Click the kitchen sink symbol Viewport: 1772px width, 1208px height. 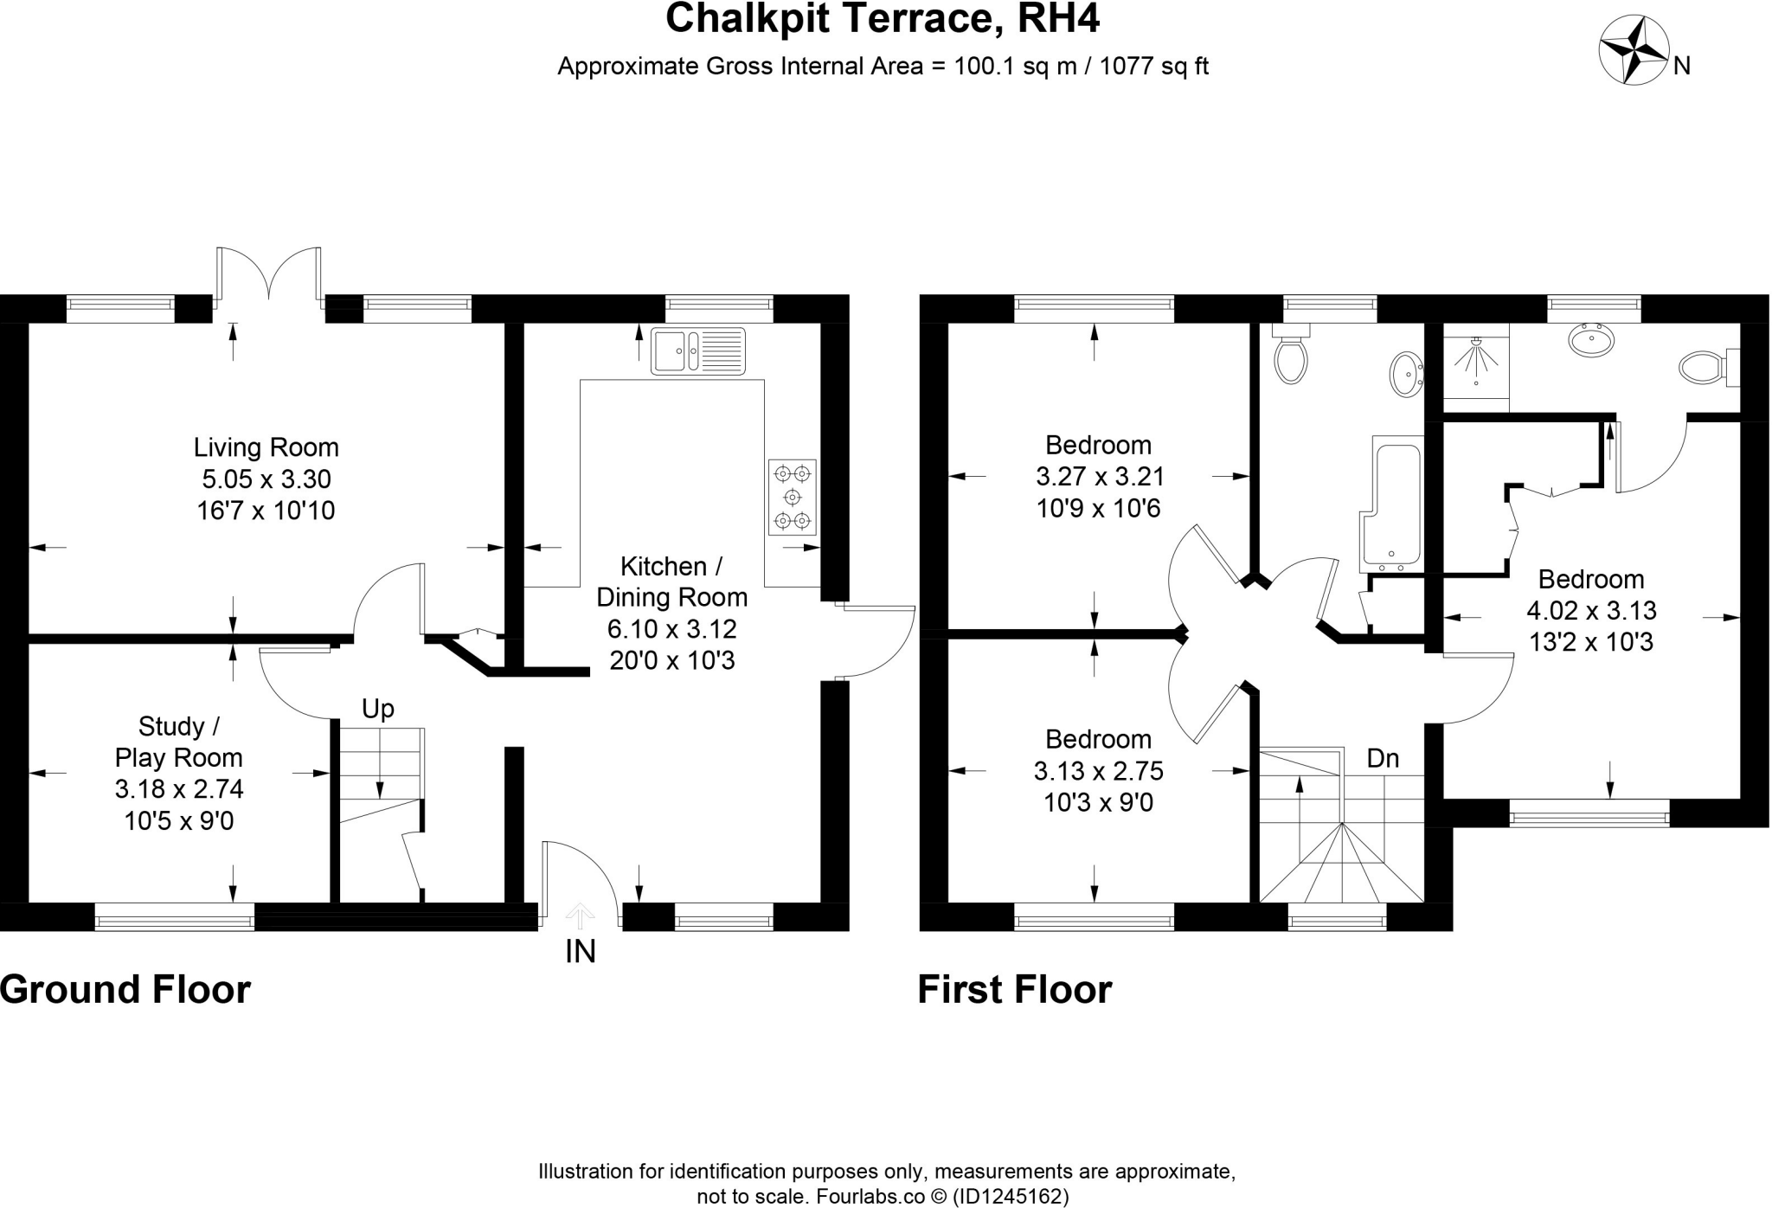(697, 351)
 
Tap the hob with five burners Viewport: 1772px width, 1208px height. (793, 497)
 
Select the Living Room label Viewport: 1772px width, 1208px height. (266, 447)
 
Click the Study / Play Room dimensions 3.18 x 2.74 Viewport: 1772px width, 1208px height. (179, 789)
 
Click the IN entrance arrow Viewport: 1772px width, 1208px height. (580, 916)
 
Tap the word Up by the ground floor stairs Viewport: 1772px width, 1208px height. (377, 709)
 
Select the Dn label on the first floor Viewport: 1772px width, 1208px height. (1383, 759)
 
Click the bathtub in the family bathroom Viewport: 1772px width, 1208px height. (1392, 502)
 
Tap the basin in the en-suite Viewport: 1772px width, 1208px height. (1590, 340)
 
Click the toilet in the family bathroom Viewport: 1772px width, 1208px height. (1290, 358)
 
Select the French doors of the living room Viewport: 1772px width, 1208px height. (269, 275)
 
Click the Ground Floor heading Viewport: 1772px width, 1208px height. (125, 989)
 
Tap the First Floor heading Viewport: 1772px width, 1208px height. (1014, 989)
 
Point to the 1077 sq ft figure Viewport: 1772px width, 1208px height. (1152, 67)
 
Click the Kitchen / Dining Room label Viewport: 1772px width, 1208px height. (671, 582)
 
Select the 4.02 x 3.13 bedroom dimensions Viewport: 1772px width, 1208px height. (1590, 611)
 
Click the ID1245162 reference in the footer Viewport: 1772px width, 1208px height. (1010, 1197)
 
